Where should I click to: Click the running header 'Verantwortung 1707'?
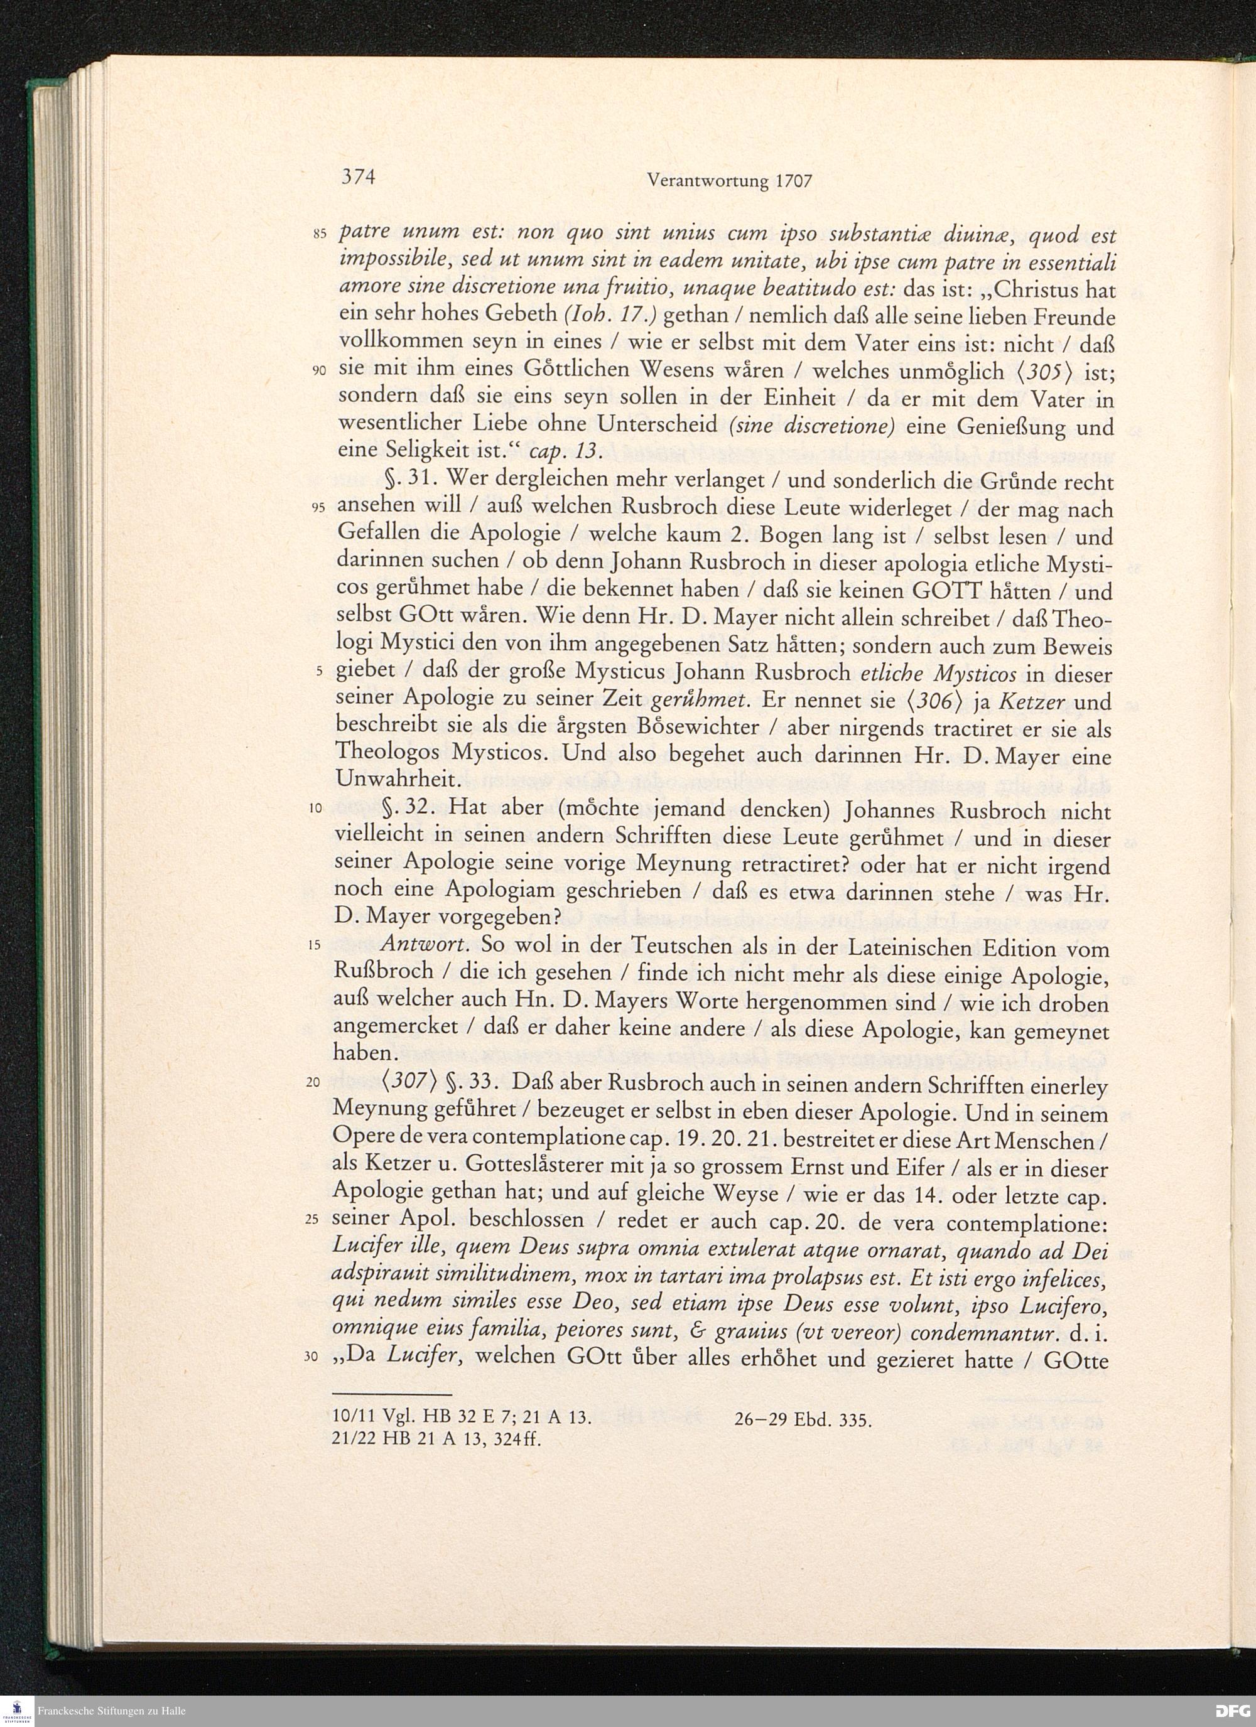(x=729, y=181)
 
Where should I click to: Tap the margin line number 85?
(x=319, y=235)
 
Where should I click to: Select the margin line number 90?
(x=319, y=371)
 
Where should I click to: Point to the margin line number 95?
(x=319, y=508)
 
